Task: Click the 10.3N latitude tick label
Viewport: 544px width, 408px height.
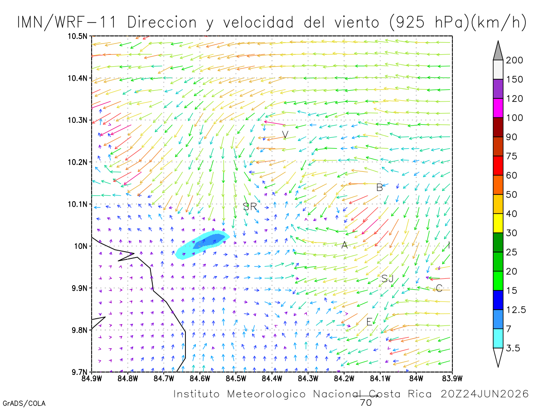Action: (78, 121)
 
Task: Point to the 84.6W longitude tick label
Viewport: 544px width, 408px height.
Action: (200, 379)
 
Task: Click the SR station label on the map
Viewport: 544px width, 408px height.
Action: (250, 207)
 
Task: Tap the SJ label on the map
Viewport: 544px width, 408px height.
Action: (387, 279)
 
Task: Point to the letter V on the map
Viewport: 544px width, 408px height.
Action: (285, 135)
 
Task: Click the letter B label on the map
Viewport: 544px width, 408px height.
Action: (379, 188)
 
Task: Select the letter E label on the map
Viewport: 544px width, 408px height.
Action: (369, 322)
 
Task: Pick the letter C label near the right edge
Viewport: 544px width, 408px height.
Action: (439, 288)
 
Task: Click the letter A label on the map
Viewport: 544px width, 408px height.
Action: (345, 245)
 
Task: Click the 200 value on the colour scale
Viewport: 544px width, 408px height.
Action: (514, 60)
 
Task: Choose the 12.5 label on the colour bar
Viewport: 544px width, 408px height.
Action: (516, 310)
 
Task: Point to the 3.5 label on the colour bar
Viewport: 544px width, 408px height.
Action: (513, 348)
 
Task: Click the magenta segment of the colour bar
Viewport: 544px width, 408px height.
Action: (498, 108)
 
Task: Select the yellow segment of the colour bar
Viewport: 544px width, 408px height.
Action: (498, 223)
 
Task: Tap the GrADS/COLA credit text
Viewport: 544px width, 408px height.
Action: (24, 403)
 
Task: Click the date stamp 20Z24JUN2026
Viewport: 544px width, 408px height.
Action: (485, 394)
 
